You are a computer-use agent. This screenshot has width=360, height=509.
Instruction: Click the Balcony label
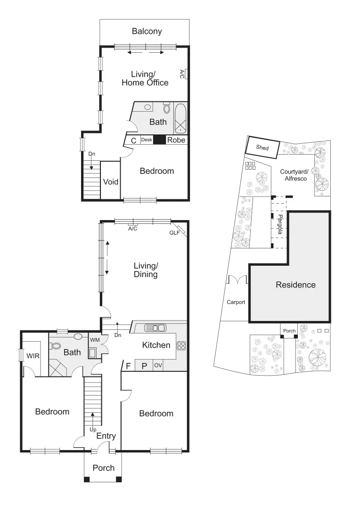147,32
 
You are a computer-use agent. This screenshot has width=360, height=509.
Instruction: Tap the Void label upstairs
111,181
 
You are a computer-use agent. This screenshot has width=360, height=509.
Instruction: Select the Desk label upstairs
147,140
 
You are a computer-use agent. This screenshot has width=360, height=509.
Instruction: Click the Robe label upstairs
176,140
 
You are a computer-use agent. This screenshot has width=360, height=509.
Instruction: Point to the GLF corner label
174,233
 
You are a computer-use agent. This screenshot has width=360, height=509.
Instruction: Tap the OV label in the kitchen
158,365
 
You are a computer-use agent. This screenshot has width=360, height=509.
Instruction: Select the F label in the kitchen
128,365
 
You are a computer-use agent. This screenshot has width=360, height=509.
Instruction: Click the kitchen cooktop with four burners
181,345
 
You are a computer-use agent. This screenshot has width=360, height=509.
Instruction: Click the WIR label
33,356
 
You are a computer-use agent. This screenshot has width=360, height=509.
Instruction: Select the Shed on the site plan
263,148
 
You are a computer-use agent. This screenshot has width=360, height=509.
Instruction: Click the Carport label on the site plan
236,302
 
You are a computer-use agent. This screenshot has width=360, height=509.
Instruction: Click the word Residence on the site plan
295,285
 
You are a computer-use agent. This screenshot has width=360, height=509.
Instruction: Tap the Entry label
106,436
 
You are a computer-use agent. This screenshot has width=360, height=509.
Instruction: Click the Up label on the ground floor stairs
93,430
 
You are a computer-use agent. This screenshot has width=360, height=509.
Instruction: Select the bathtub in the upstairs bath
181,119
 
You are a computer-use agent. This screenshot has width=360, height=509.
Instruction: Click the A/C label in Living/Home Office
181,74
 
